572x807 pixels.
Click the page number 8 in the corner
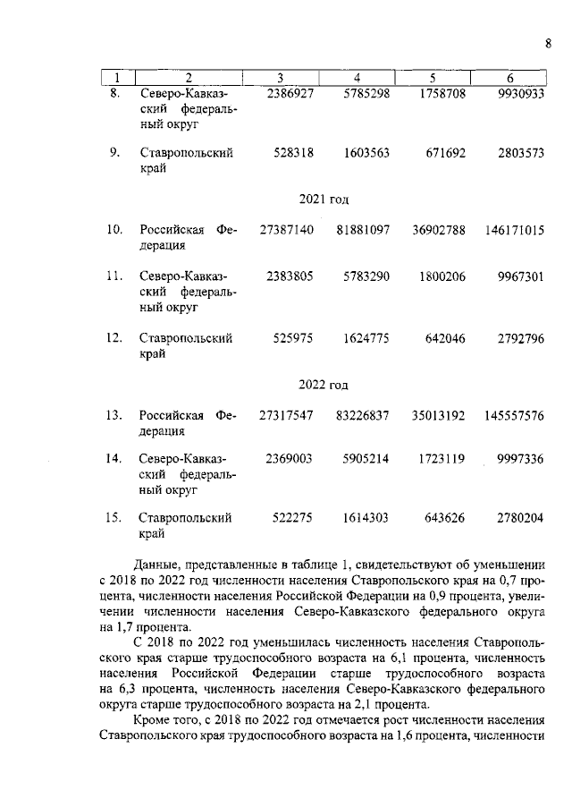(x=548, y=44)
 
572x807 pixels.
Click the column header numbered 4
(x=357, y=77)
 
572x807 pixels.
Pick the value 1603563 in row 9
(x=366, y=153)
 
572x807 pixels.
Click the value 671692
(x=443, y=153)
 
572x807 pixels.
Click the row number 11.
(x=114, y=276)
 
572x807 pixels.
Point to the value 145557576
(x=515, y=416)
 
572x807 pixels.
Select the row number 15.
(x=114, y=519)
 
